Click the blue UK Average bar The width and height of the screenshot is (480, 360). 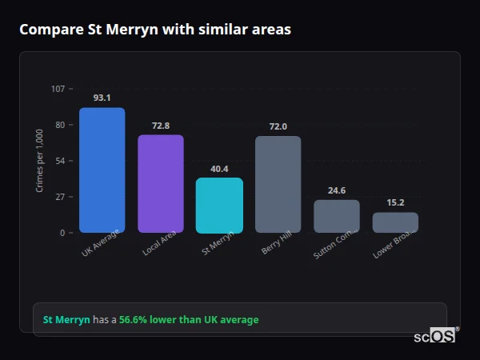102,170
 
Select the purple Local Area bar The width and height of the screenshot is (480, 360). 161,184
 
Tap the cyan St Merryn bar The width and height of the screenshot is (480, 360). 219,206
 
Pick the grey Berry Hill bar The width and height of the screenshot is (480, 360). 278,185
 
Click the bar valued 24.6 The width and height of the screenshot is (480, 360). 336,216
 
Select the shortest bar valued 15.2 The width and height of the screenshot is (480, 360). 395,222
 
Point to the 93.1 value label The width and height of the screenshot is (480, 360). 102,98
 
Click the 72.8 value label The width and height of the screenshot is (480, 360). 161,126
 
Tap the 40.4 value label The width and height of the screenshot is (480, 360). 219,169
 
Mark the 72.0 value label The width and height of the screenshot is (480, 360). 278,126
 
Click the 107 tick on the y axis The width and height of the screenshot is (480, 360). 58,89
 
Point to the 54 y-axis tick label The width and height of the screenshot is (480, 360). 60,161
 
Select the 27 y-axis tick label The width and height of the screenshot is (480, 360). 60,197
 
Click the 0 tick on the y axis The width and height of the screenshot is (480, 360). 62,233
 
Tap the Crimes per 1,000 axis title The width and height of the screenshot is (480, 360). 39,161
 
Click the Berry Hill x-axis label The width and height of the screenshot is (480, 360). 275,244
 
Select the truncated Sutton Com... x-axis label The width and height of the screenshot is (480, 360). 330,246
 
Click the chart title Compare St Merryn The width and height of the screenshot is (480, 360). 155,30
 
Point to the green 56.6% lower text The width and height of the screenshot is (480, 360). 189,320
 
